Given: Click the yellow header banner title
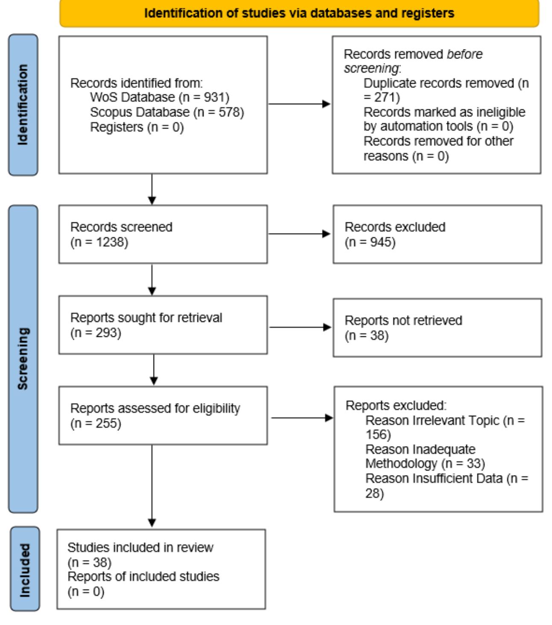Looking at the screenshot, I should (299, 13).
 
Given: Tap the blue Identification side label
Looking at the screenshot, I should (23, 105).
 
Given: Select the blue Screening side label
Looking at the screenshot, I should (23, 359).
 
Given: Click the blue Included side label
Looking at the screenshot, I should (25, 569).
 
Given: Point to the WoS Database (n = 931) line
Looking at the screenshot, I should (160, 97).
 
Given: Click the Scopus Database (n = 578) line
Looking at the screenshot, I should (167, 112).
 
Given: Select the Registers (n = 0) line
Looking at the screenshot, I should (137, 127).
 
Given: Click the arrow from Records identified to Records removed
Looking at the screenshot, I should (299, 104).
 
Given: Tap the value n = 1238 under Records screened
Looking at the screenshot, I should (99, 242).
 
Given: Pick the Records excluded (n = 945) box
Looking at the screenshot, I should (437, 234).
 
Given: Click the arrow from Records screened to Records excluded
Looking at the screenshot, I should (299, 234).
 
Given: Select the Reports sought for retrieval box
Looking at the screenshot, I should (163, 325).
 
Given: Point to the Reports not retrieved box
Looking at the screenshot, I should (437, 327).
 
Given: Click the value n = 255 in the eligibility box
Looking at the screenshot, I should (96, 423).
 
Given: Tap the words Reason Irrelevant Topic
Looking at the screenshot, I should (432, 421).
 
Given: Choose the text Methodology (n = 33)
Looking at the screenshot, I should (425, 464).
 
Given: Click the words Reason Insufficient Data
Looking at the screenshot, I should (434, 479).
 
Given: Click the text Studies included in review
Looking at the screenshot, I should (140, 547).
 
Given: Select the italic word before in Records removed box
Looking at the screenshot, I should (465, 54).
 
